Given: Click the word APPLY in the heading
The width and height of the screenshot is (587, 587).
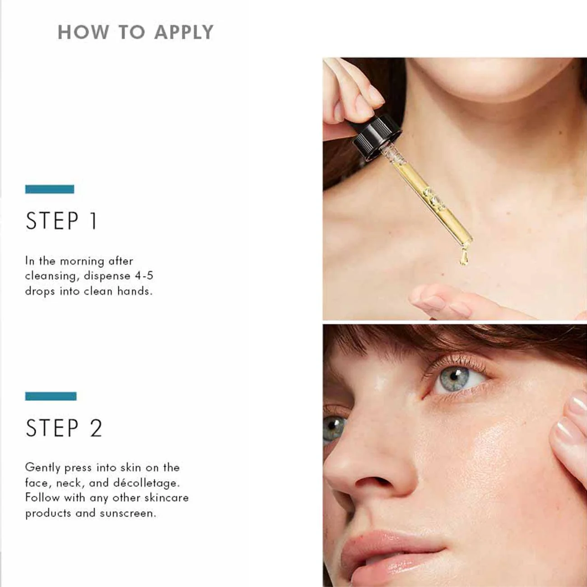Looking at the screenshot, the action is [184, 33].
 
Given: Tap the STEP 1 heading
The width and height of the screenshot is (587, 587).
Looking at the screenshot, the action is [62, 221].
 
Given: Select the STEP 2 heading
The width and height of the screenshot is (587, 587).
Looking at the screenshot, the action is [64, 428].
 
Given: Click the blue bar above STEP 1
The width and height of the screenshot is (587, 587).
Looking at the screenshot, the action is [50, 189].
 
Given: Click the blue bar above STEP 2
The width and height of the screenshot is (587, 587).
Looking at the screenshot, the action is [51, 396].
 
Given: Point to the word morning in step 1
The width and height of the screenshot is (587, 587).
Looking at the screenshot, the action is [82, 261].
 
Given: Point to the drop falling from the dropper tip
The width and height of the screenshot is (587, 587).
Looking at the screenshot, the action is [464, 256].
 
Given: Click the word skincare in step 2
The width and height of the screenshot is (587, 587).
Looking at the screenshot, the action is [166, 498].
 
